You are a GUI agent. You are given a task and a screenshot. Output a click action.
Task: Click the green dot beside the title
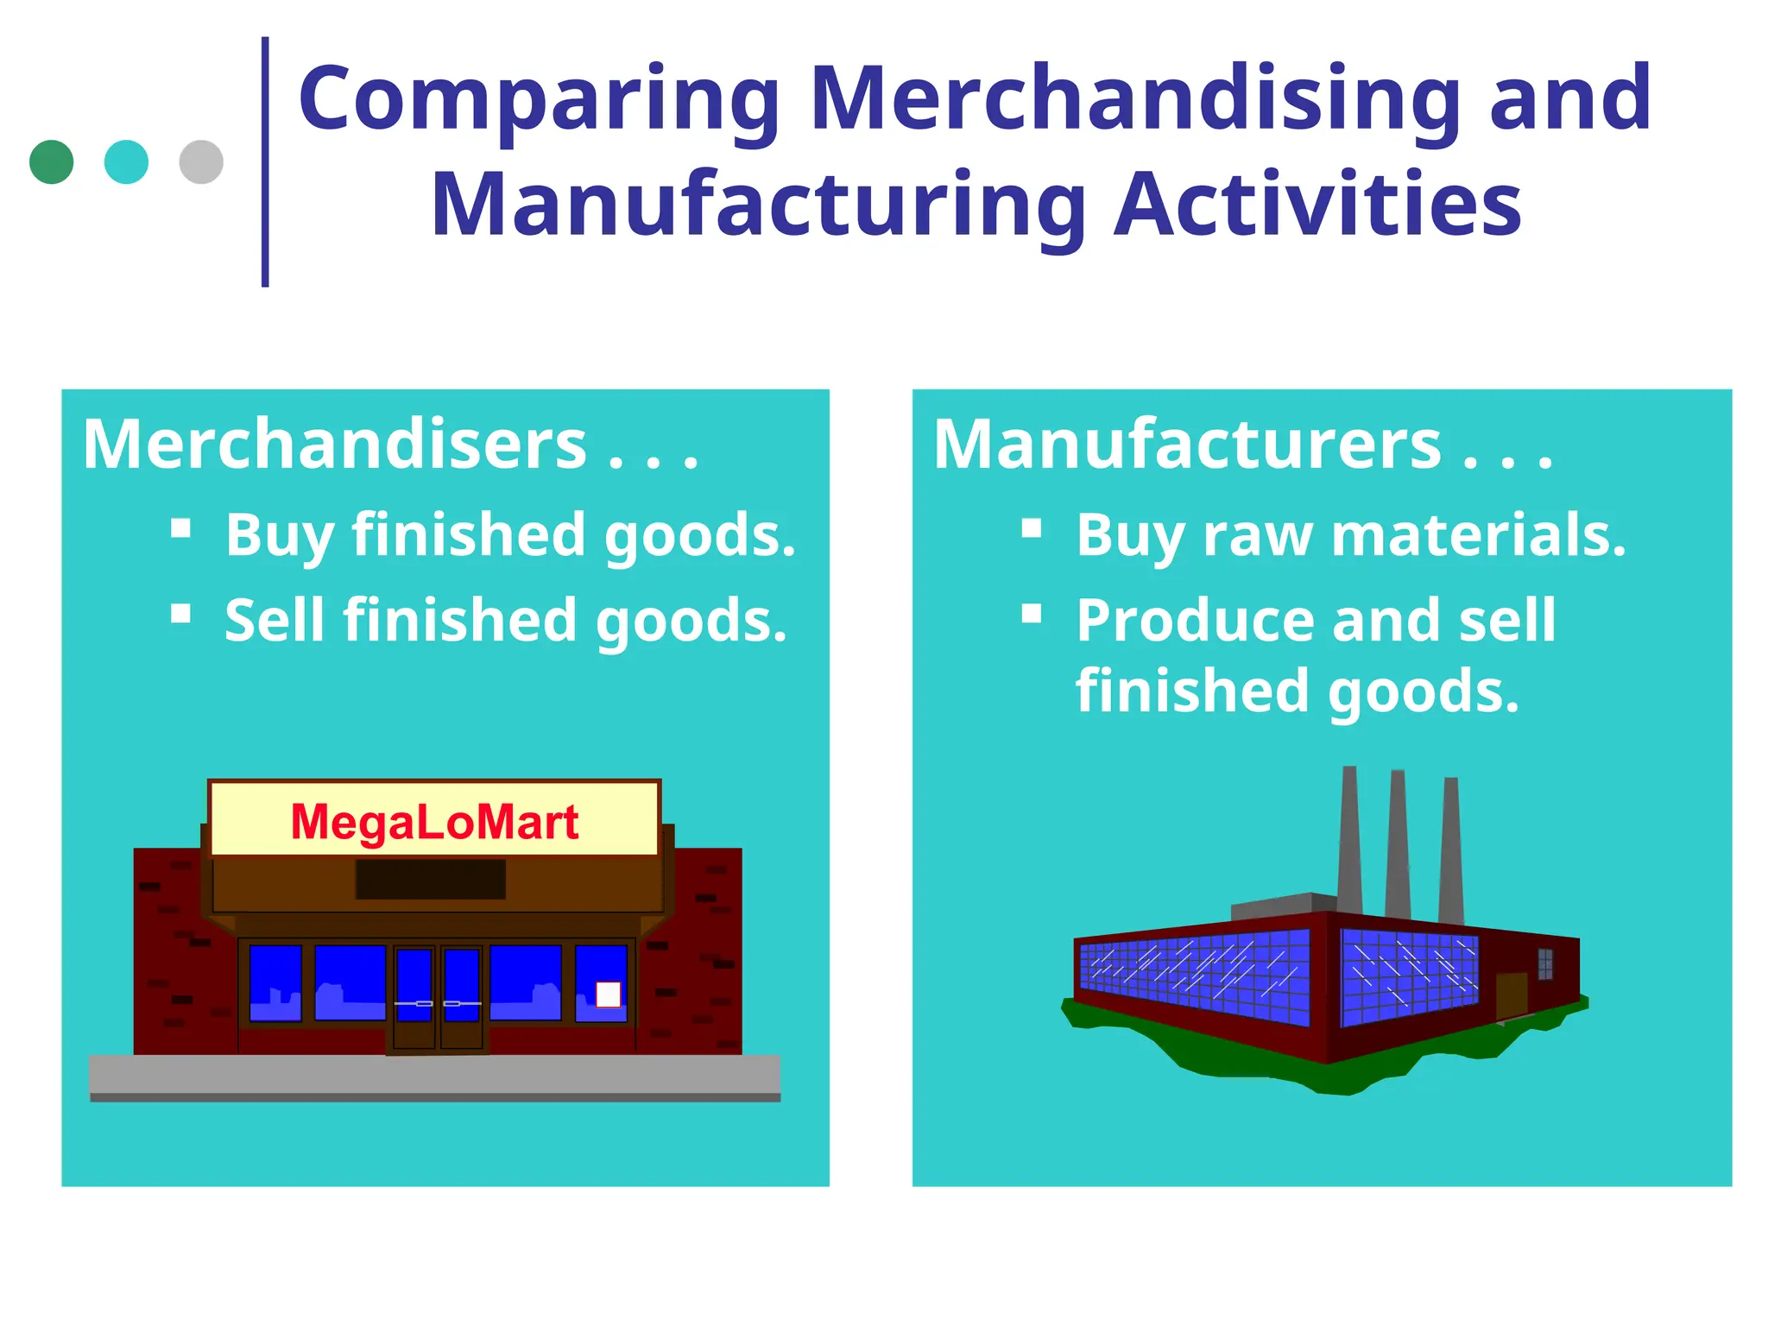point(51,162)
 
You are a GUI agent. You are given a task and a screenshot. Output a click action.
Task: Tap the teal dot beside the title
point(126,162)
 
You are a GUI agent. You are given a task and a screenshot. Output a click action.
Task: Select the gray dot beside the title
point(201,162)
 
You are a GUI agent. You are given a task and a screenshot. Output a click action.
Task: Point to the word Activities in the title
point(1317,205)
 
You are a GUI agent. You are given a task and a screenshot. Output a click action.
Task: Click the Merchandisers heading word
point(335,445)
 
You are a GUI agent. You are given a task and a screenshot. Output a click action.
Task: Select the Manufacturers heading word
point(1187,445)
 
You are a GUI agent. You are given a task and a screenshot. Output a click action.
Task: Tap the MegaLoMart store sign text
point(434,821)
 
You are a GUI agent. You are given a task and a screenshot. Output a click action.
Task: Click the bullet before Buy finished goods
point(181,528)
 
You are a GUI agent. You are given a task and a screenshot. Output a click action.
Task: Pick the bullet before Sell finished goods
point(181,614)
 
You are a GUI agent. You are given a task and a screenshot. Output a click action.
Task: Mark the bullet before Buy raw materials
point(1032,528)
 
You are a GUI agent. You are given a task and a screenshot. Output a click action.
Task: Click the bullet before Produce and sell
point(1032,614)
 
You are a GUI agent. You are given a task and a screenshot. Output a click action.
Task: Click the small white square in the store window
point(609,994)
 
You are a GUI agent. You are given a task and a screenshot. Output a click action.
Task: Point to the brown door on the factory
point(1512,995)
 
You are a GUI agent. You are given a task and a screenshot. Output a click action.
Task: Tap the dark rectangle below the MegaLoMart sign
point(431,879)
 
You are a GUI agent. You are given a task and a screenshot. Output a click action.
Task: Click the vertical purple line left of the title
point(265,162)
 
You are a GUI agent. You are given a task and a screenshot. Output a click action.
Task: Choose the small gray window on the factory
point(1545,964)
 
